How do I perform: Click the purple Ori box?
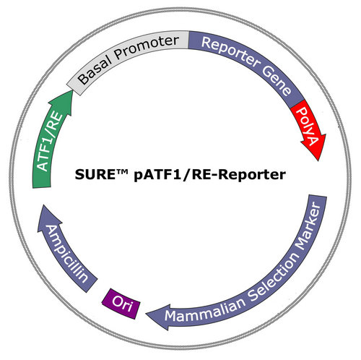[121, 304]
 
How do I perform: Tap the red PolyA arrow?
[308, 128]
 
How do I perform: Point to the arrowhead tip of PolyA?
[318, 160]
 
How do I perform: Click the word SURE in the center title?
[95, 174]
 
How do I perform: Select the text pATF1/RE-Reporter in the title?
[210, 175]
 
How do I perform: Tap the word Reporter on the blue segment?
[229, 51]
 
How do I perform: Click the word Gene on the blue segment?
[277, 82]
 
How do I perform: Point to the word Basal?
[95, 67]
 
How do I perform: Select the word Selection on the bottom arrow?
[274, 277]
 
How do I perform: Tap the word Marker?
[309, 226]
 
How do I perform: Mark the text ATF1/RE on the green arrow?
[50, 142]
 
